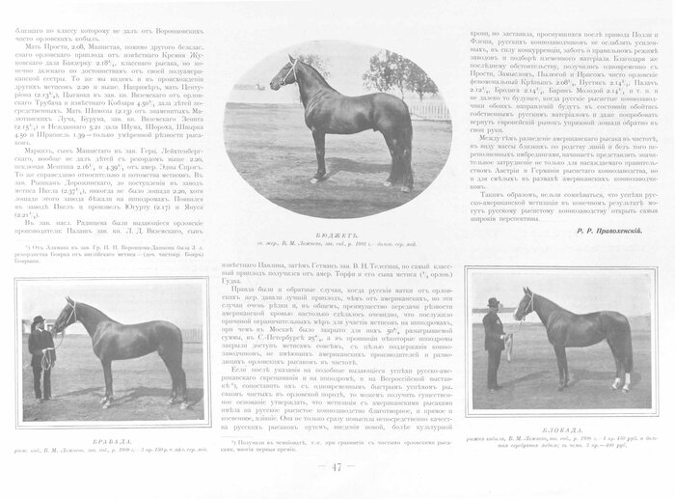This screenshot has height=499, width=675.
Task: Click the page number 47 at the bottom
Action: [337, 468]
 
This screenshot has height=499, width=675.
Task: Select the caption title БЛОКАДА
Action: [560, 421]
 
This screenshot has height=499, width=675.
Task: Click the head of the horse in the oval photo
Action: [283, 72]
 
